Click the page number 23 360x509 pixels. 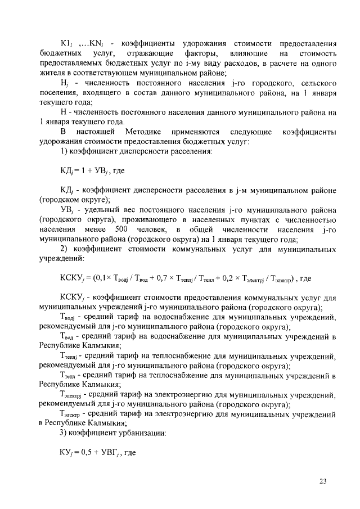(322, 480)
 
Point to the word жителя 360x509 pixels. (51, 73)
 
